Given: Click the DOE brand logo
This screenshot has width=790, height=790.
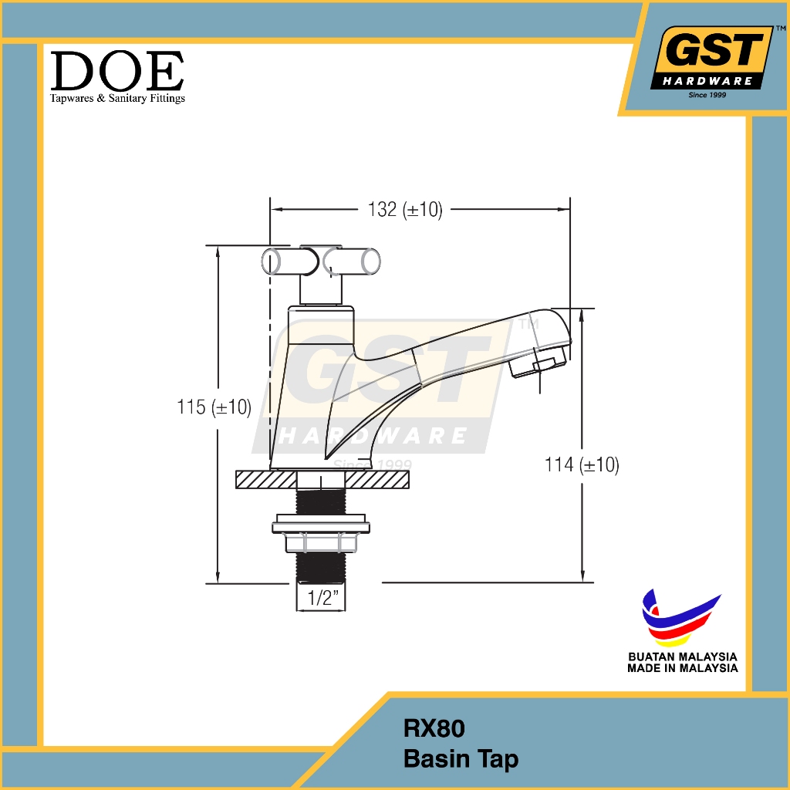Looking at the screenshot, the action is pos(117,76).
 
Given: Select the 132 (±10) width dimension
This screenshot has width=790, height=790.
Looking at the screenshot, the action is pos(405,209).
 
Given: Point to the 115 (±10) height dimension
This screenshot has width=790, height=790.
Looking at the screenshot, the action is pos(214,407).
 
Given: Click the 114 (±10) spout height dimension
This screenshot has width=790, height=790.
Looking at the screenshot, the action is pos(582,464).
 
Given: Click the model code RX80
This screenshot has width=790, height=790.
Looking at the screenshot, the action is pos(434,728).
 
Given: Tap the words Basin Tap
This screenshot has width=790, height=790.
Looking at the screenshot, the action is pos(461,759).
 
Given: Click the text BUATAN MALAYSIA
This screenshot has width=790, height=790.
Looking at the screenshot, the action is pos(683,657).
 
